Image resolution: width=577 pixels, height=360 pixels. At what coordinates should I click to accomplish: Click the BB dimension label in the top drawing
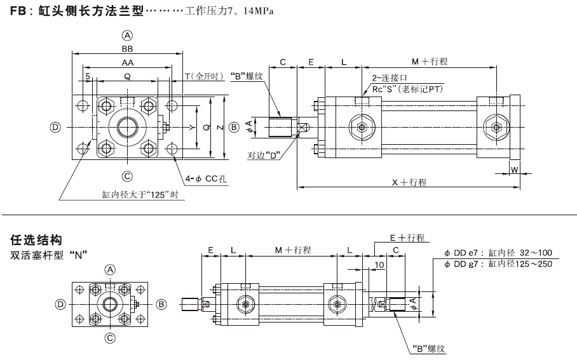(x=128, y=48)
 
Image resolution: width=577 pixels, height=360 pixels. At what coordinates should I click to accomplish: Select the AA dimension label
(x=128, y=63)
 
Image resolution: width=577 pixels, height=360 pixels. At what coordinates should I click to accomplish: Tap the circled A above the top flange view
(x=128, y=36)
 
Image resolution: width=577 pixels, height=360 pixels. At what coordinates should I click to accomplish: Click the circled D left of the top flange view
(x=56, y=127)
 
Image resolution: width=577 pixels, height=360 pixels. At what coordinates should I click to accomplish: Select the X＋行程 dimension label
(x=409, y=182)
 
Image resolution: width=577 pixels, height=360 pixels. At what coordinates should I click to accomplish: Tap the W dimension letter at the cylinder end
(x=515, y=170)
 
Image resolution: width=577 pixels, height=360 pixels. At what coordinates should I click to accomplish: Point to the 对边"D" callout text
(x=264, y=155)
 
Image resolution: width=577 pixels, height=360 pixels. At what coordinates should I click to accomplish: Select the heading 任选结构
(x=36, y=241)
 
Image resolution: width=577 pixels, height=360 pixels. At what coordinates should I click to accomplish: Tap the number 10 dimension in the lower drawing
(x=379, y=264)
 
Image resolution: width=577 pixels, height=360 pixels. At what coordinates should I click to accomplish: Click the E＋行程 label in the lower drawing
(x=407, y=237)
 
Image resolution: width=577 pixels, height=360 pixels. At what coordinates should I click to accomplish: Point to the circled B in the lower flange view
(x=161, y=304)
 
